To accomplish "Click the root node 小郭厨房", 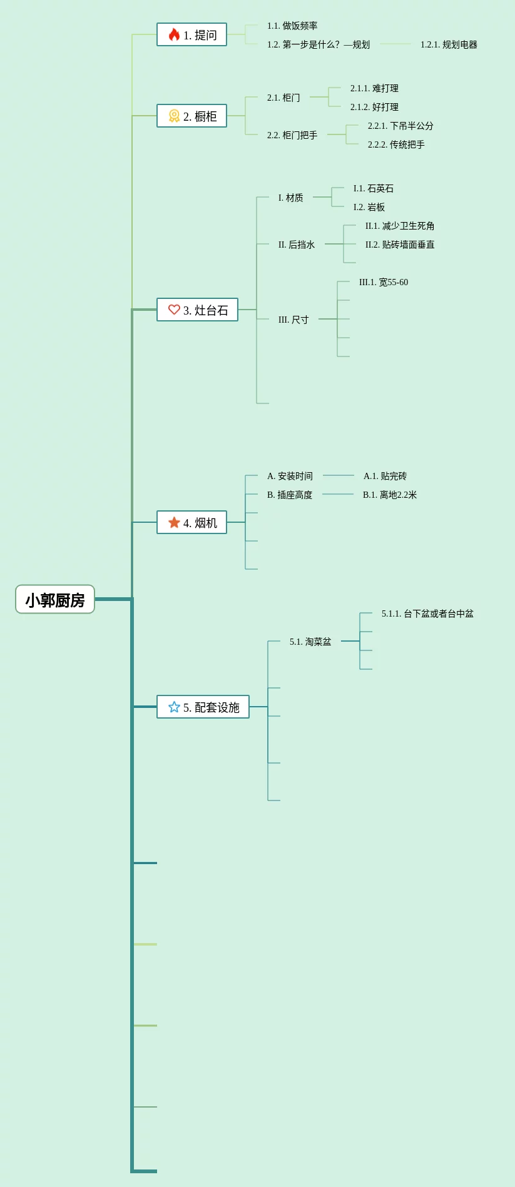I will [55, 600].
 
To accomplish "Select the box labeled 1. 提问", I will [191, 35].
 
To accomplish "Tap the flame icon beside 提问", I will [174, 34].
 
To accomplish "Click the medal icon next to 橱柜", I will [174, 116].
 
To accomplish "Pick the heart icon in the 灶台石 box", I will [174, 310].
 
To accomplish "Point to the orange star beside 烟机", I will [174, 522].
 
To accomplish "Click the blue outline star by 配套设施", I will [174, 707].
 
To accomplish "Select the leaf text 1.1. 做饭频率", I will [292, 26].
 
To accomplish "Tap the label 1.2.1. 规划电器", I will [449, 44].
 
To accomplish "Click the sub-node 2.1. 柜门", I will [283, 98].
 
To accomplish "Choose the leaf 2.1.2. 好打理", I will [374, 107].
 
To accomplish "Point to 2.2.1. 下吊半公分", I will [400, 126].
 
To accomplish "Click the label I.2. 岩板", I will [369, 207].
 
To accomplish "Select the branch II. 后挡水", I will [297, 245].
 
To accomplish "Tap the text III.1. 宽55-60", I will [384, 282].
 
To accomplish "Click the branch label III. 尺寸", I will [293, 320].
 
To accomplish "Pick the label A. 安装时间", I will [290, 476].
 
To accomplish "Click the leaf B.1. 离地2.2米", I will [390, 495].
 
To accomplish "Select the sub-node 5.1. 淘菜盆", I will [310, 642].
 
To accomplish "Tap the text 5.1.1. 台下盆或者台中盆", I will [427, 614].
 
